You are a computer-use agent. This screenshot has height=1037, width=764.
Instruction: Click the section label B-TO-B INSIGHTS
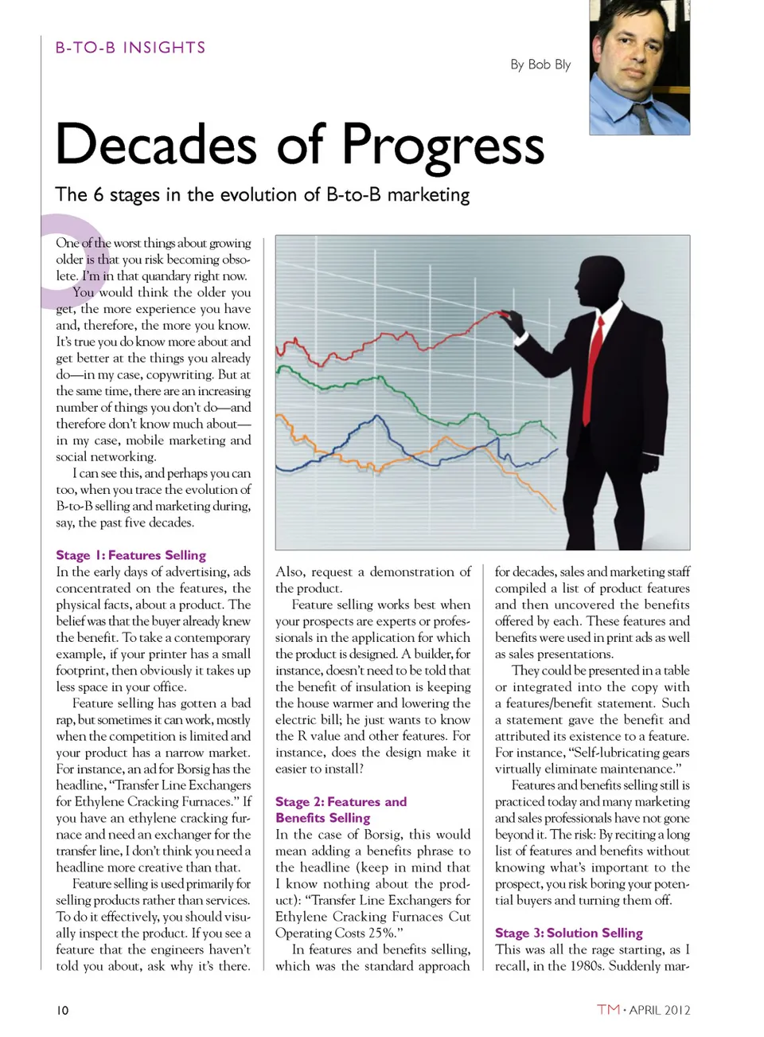(131, 48)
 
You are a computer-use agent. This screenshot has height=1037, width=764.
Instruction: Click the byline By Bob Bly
(540, 65)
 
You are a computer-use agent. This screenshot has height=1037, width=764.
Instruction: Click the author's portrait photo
(639, 67)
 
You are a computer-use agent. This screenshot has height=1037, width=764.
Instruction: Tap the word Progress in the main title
(442, 146)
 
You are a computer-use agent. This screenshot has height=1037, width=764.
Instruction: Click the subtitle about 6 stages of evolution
(262, 195)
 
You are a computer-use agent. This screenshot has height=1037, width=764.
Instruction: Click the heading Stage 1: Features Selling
(131, 555)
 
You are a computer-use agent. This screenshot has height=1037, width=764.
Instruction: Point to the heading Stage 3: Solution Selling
(568, 933)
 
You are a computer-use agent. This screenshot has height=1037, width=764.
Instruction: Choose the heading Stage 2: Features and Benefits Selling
(341, 809)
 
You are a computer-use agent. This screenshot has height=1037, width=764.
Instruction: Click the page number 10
(62, 1010)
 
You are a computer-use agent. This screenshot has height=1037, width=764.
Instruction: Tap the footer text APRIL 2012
(660, 1010)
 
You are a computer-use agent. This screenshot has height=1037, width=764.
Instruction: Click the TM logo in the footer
(608, 1009)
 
